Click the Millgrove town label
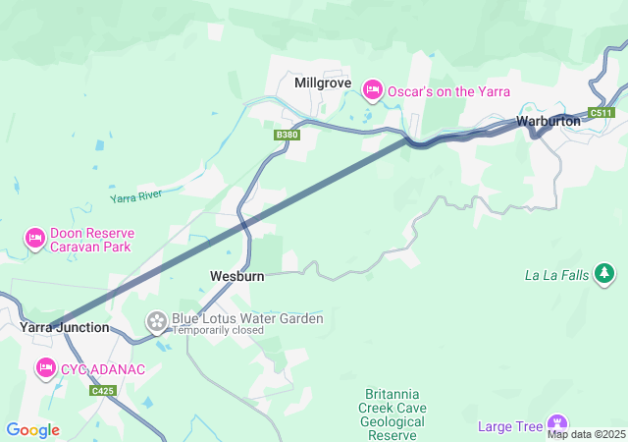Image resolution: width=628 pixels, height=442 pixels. click(x=323, y=83)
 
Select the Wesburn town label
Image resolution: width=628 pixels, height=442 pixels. click(x=237, y=277)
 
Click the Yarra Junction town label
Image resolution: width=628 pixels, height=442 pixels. click(x=65, y=327)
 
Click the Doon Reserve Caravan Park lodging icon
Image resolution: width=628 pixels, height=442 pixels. click(x=35, y=239)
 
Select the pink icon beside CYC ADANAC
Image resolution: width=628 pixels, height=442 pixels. click(x=45, y=368)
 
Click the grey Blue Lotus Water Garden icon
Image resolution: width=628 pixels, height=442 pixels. click(x=156, y=321)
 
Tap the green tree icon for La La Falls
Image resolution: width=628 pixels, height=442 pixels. click(x=605, y=274)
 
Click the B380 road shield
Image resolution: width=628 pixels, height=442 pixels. click(x=286, y=135)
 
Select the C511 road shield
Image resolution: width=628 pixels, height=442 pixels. click(x=602, y=113)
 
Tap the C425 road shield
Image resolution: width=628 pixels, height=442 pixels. click(x=102, y=391)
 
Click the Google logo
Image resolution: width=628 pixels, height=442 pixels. click(x=32, y=430)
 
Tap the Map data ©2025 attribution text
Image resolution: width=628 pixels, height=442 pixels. click(x=586, y=434)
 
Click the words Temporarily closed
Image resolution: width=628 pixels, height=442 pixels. click(x=218, y=331)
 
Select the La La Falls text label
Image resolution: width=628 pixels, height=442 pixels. click(x=556, y=275)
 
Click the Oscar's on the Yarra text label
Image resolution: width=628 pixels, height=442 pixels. click(x=448, y=91)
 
